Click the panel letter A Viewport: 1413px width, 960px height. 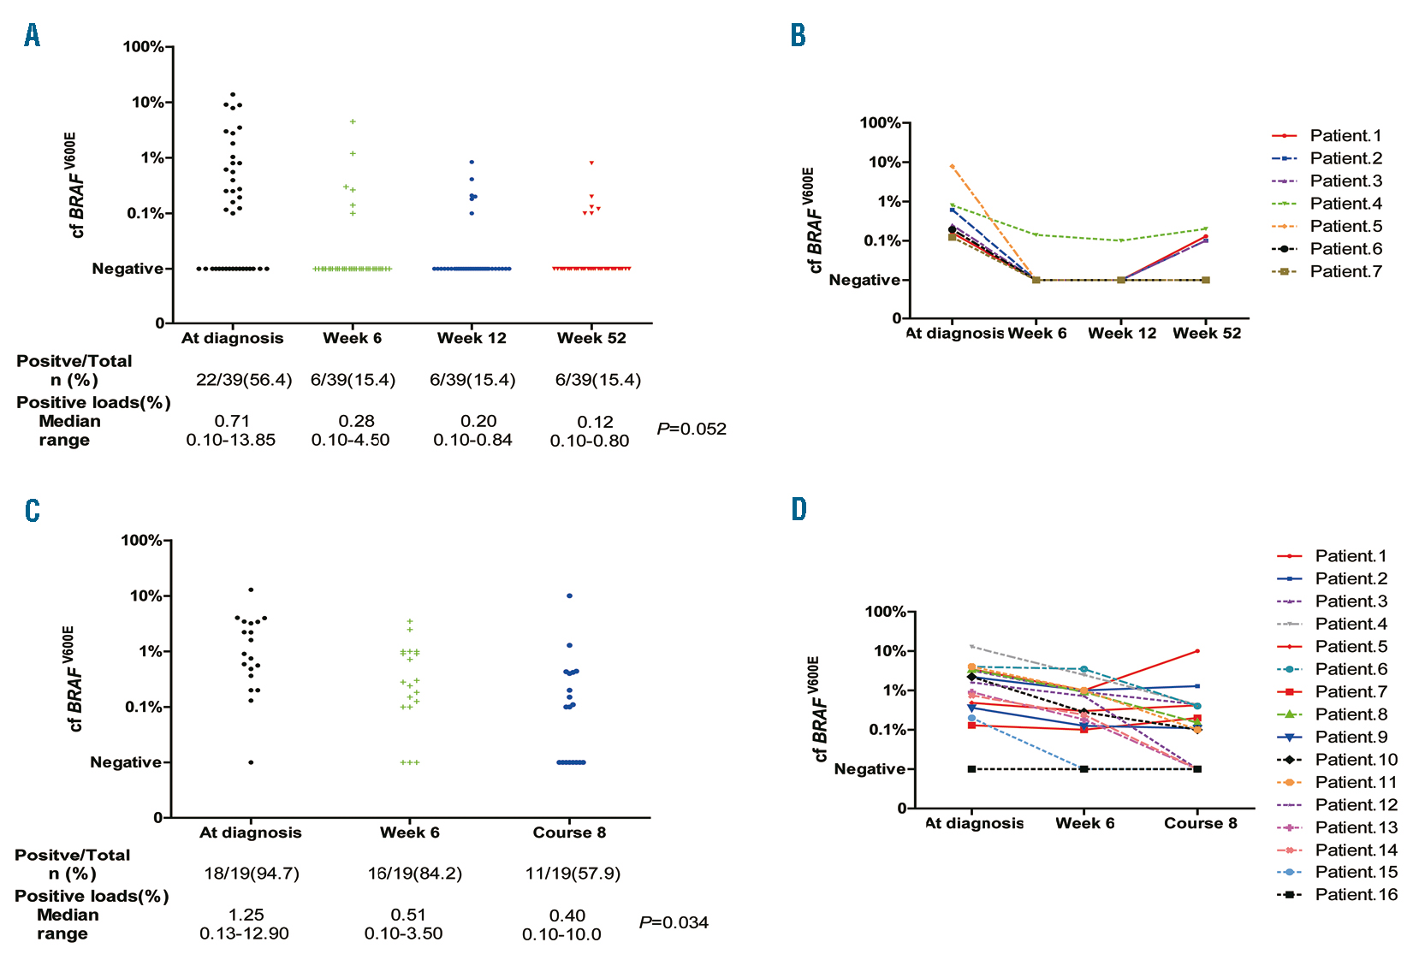(x=33, y=35)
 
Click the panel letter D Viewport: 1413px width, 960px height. (x=799, y=510)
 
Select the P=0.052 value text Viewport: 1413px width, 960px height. (x=692, y=429)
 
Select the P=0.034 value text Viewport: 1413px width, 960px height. (x=674, y=922)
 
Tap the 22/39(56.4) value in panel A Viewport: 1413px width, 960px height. (x=244, y=380)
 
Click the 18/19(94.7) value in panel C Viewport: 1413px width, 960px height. (x=252, y=874)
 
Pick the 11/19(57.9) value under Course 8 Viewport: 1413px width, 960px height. (x=573, y=874)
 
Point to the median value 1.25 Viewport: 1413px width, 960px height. (x=246, y=915)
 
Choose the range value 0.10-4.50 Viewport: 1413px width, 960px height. (x=350, y=440)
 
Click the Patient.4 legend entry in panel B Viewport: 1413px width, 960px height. (x=1345, y=204)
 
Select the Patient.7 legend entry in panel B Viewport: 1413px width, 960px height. (x=1345, y=271)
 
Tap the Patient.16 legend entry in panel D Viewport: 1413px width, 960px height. (x=1356, y=895)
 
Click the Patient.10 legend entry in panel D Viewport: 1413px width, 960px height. (x=1356, y=760)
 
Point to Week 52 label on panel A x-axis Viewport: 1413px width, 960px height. (x=591, y=338)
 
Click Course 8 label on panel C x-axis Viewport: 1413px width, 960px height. (x=569, y=833)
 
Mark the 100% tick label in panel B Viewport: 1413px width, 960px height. (x=880, y=123)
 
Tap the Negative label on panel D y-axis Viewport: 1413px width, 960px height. (x=870, y=769)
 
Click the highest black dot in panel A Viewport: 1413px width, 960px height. (x=232, y=94)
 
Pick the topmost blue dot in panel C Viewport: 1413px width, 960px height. (x=570, y=596)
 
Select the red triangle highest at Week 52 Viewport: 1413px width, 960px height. (x=591, y=163)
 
